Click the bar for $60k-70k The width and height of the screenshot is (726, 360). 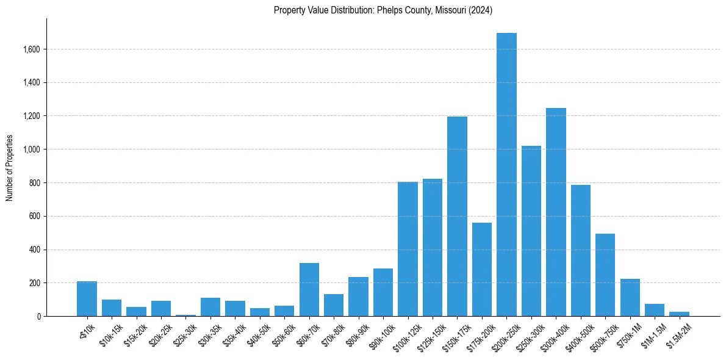pyautogui.click(x=309, y=289)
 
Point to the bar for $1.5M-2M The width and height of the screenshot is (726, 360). pyautogui.click(x=679, y=314)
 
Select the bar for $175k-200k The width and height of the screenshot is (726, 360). pyautogui.click(x=482, y=269)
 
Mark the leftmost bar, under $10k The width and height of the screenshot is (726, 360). pyautogui.click(x=87, y=298)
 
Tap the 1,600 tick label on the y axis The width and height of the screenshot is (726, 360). pyautogui.click(x=31, y=49)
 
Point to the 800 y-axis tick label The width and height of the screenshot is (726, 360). pyautogui.click(x=35, y=183)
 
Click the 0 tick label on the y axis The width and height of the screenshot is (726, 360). pyautogui.click(x=38, y=317)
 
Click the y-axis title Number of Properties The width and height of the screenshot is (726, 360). pyautogui.click(x=10, y=167)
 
